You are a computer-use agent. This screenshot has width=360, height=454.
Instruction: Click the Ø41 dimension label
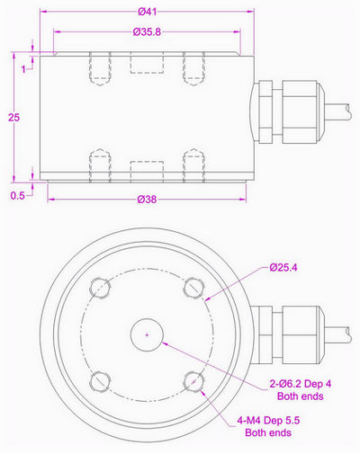148,12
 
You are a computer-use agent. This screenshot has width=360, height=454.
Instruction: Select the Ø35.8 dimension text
148,33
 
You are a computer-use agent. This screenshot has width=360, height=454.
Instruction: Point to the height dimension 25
11,117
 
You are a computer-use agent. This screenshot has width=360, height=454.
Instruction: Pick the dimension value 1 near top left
24,71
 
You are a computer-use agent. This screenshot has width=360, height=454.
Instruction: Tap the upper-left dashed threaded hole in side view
100,68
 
